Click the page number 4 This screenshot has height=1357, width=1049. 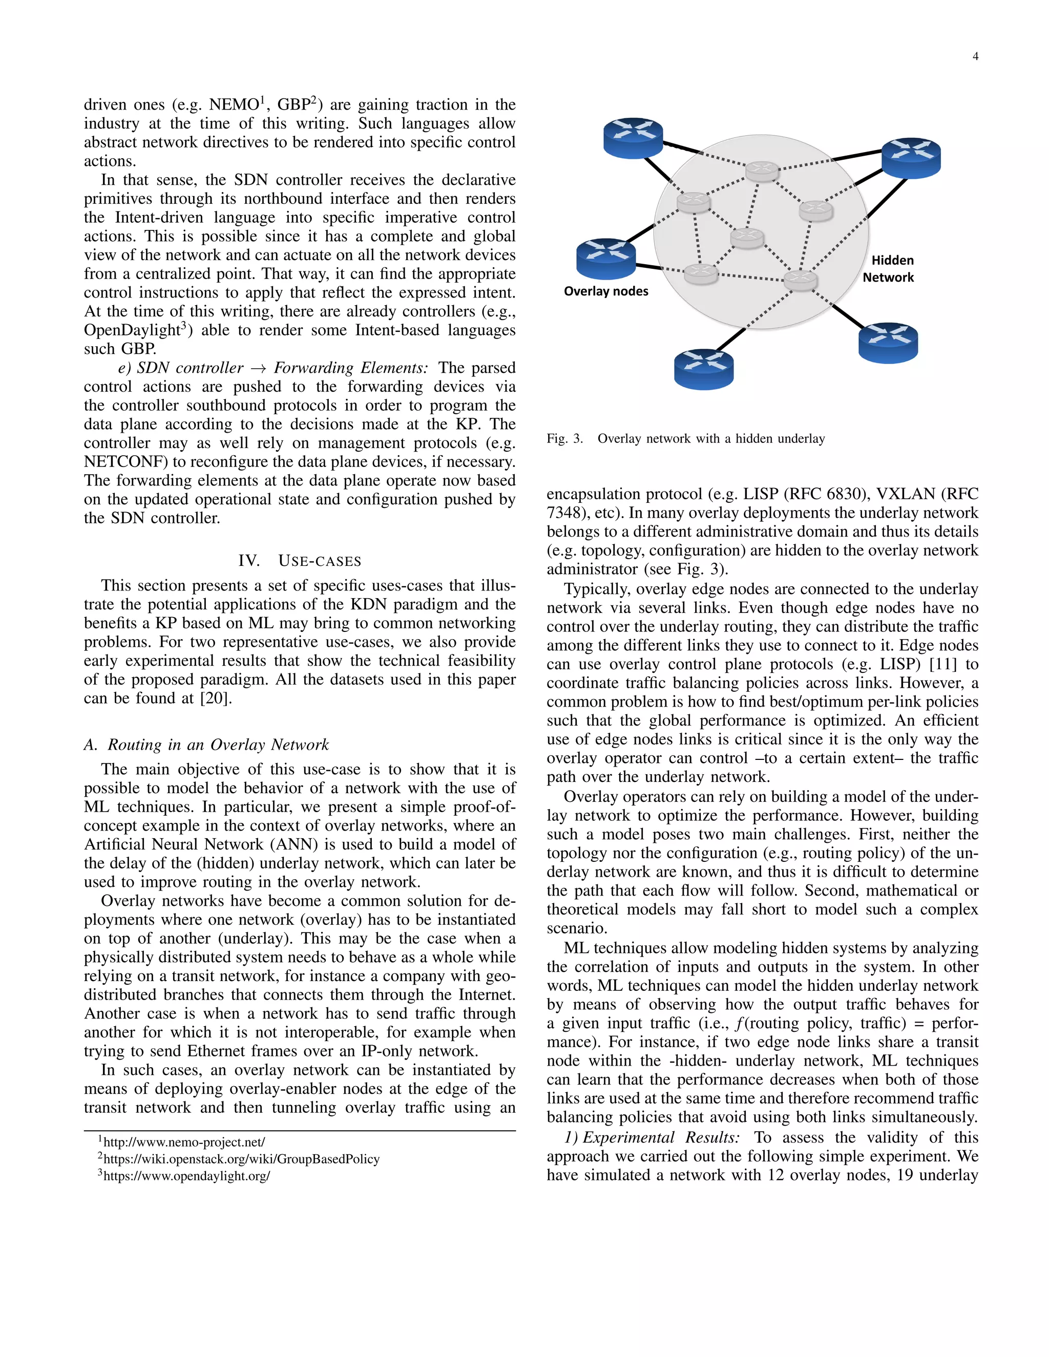(x=975, y=56)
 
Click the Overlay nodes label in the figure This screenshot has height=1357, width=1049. (x=606, y=291)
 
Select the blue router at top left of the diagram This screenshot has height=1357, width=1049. (x=633, y=138)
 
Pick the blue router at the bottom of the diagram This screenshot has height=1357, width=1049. (x=703, y=369)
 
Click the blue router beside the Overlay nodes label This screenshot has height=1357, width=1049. (x=606, y=259)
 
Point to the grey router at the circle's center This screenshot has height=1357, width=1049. (x=747, y=238)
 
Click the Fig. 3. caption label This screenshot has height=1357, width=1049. (x=565, y=439)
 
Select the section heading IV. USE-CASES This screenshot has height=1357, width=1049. (x=300, y=561)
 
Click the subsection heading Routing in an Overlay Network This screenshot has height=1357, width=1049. (x=218, y=745)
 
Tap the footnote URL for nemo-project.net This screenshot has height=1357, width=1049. (x=184, y=1142)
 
